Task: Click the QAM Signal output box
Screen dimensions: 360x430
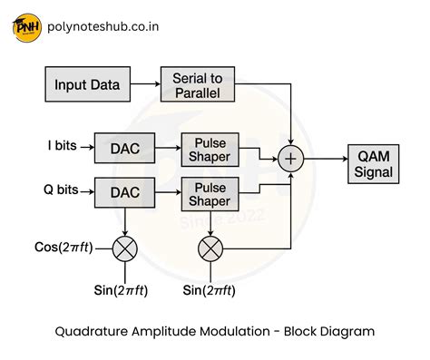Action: [374, 162]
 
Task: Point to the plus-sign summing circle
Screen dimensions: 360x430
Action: [291, 161]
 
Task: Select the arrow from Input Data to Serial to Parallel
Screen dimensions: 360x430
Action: [142, 85]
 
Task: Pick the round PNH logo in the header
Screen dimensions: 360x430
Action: [29, 29]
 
